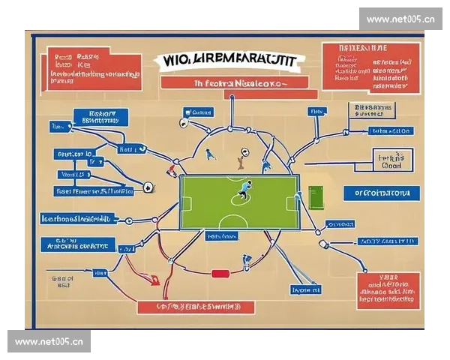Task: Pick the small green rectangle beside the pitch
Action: tap(314, 196)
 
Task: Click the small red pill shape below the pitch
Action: tap(220, 274)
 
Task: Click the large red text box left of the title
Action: tap(93, 70)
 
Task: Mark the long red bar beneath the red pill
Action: tap(196, 306)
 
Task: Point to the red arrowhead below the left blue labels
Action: tap(155, 280)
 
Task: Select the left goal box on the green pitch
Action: tap(186, 202)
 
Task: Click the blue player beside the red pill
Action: tap(246, 262)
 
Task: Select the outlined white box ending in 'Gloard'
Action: tap(392, 160)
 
